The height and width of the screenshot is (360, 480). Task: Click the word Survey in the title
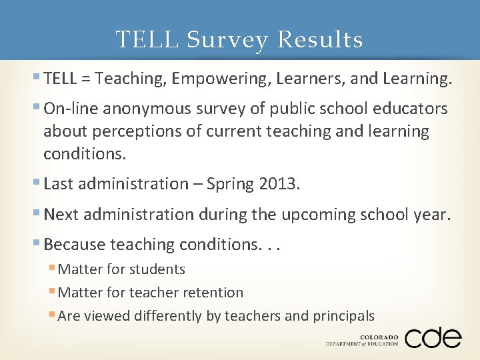227,40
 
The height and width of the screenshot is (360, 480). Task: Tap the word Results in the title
320,40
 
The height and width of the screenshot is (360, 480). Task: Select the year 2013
277,184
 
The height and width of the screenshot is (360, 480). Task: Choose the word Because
74,245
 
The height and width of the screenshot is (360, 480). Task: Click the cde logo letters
433,337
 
